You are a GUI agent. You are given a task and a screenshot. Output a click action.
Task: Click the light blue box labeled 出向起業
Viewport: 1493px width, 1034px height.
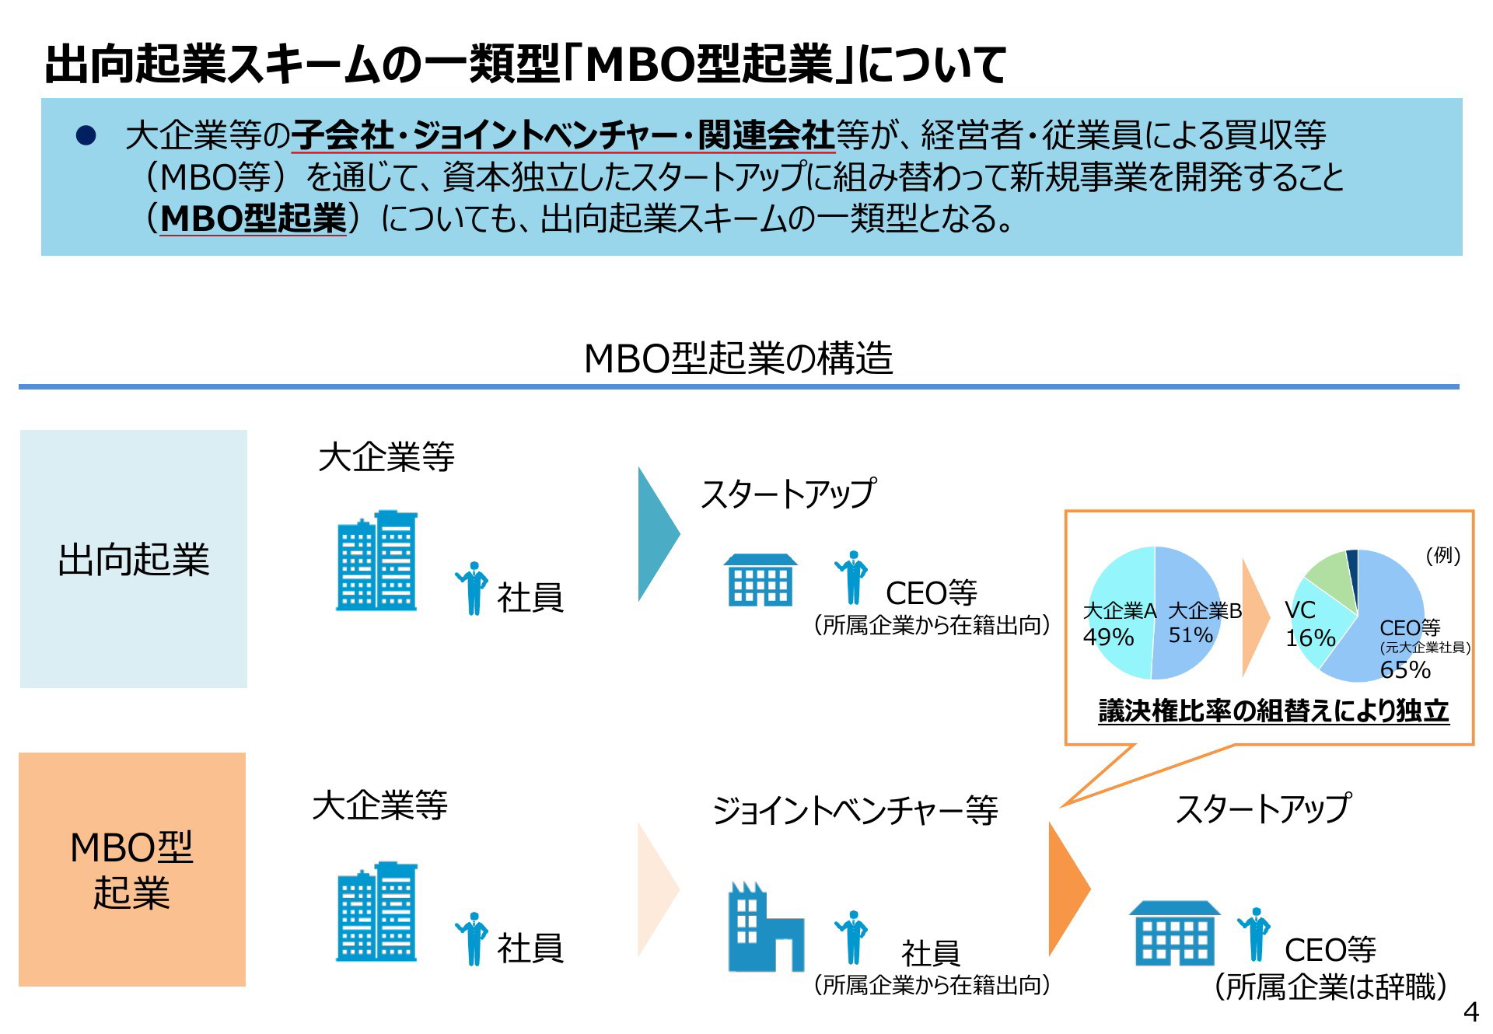click(133, 558)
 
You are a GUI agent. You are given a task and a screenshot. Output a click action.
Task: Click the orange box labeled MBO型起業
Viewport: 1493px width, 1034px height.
click(132, 869)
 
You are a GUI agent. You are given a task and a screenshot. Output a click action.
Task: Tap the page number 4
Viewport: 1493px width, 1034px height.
click(1470, 1012)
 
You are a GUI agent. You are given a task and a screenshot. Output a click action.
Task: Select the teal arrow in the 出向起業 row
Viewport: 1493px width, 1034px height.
click(658, 534)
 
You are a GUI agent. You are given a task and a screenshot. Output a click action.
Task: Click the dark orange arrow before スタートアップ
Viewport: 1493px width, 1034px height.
click(1068, 889)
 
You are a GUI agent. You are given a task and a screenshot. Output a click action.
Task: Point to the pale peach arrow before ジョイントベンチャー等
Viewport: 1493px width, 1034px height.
click(658, 889)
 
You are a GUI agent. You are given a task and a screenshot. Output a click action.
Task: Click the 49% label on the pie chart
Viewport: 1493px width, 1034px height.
click(1107, 638)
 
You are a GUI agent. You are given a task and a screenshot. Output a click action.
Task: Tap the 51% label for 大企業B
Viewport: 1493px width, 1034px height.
click(1191, 635)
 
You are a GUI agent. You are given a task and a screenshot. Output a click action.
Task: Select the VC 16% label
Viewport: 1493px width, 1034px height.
click(1309, 624)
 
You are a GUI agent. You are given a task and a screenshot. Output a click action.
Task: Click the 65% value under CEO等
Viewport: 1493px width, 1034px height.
click(1405, 669)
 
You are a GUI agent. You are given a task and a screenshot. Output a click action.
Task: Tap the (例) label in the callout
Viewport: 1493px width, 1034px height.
click(1443, 555)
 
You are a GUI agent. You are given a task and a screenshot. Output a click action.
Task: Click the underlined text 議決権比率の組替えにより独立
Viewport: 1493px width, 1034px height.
click(1274, 711)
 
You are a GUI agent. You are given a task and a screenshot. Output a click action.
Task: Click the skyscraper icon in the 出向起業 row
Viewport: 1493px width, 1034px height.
click(377, 561)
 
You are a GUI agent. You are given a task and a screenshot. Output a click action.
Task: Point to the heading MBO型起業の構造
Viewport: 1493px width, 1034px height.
click(738, 358)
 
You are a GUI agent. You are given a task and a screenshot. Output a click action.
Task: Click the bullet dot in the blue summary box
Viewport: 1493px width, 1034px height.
click(86, 136)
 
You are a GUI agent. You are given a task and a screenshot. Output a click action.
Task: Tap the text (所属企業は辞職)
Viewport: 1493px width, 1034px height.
click(1330, 987)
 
